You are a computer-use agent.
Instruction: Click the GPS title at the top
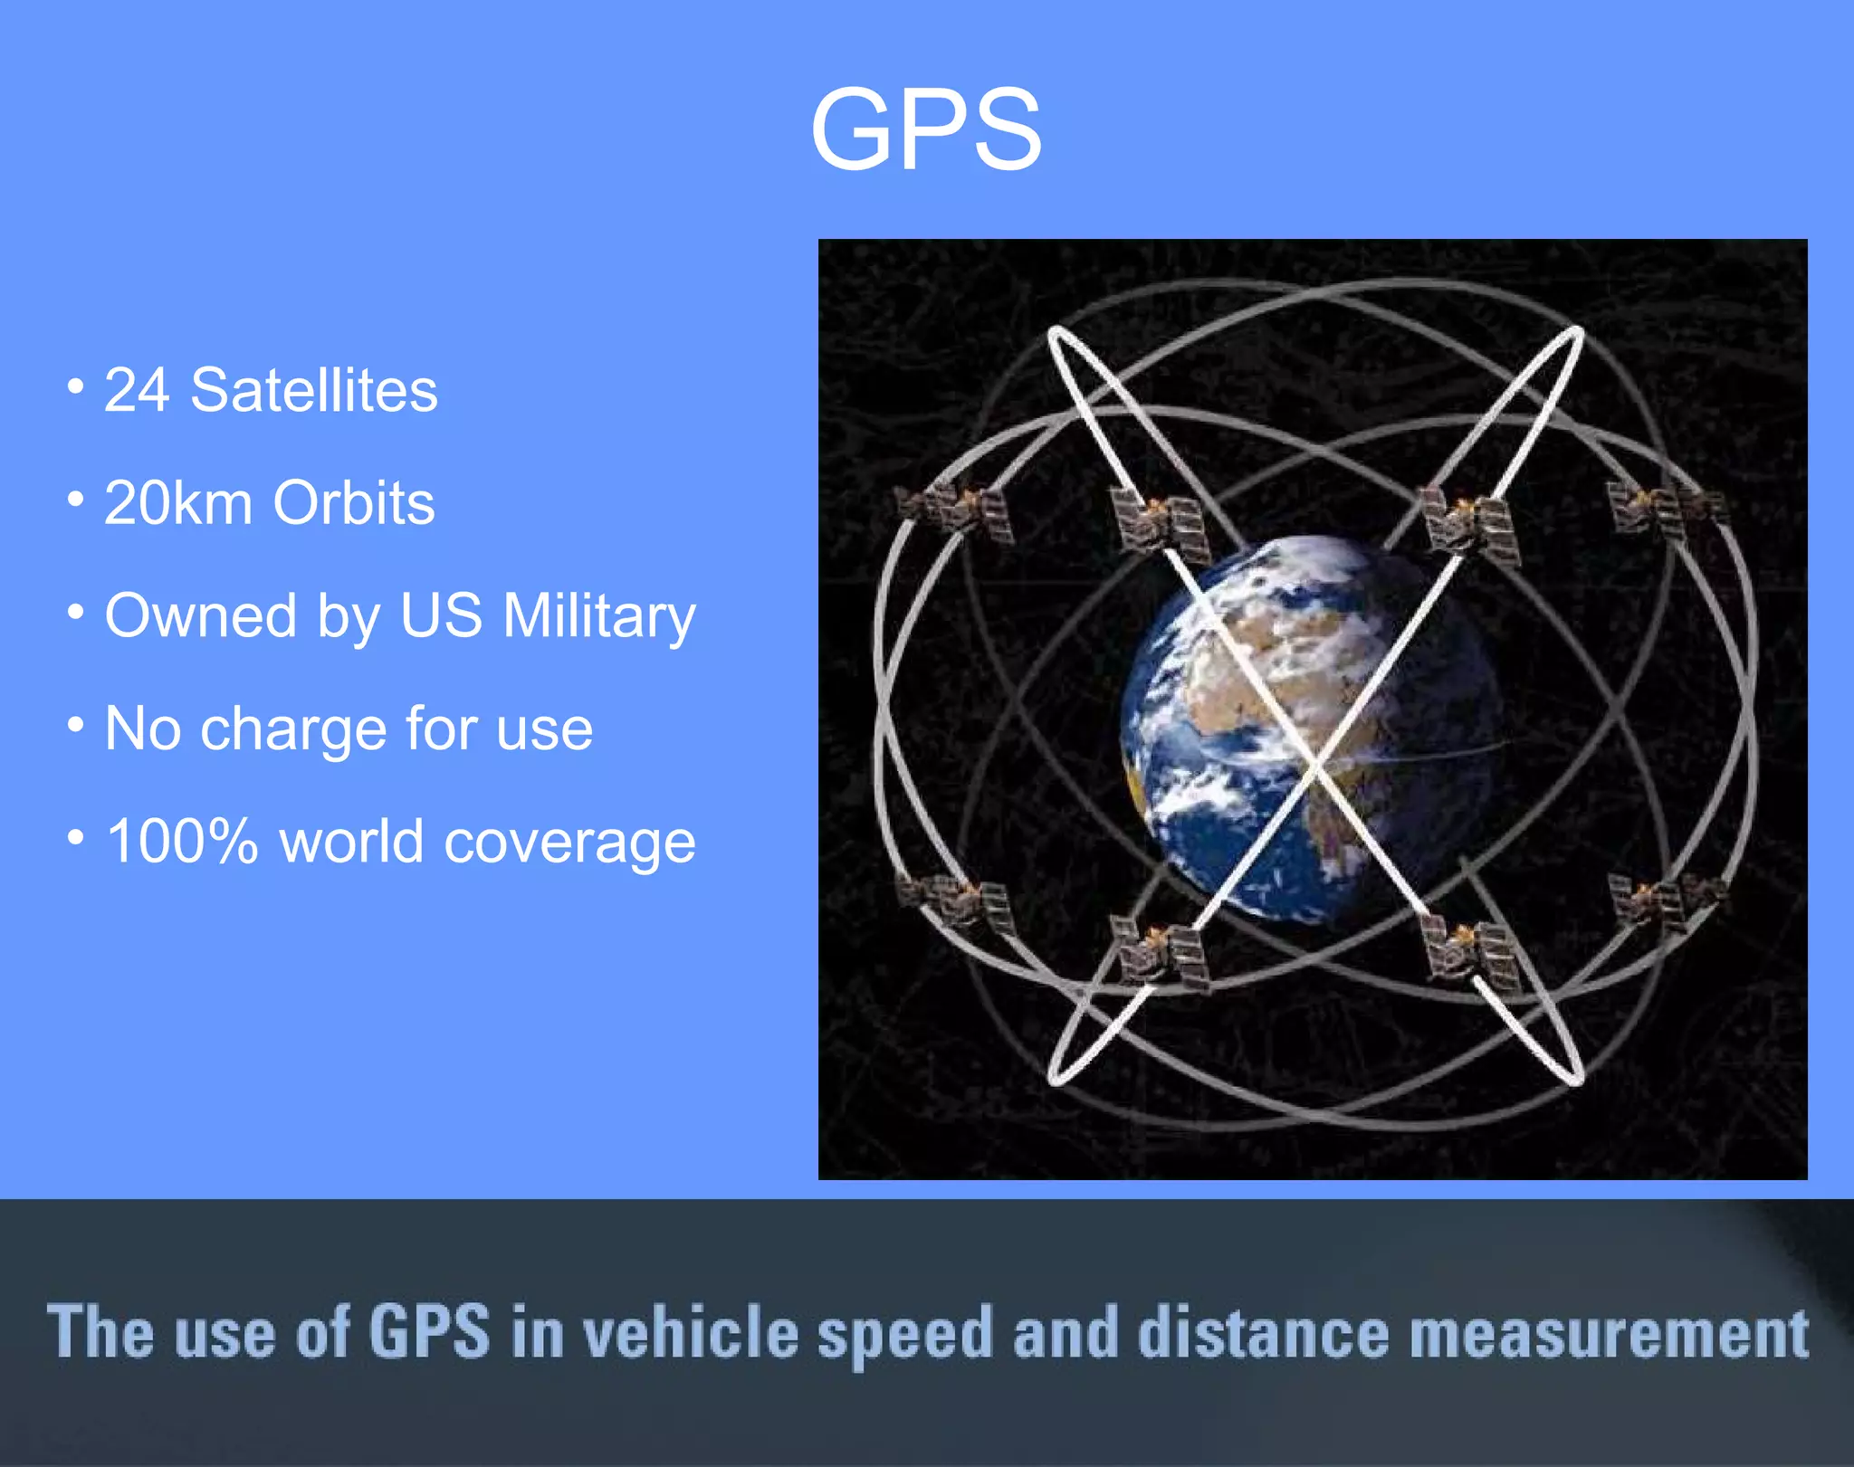click(x=925, y=129)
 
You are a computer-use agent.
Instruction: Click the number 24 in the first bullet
click(x=137, y=391)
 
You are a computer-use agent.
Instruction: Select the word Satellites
click(x=313, y=391)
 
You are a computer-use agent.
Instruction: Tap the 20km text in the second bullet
click(x=178, y=503)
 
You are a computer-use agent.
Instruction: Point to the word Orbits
click(x=353, y=503)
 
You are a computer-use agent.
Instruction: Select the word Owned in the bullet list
click(x=200, y=616)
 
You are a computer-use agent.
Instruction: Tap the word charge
click(x=294, y=729)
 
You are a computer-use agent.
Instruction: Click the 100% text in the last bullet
click(x=182, y=842)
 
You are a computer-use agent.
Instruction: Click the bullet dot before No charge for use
click(x=76, y=725)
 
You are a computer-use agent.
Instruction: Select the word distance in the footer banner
click(x=1263, y=1333)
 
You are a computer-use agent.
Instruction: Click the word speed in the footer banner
click(x=905, y=1335)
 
